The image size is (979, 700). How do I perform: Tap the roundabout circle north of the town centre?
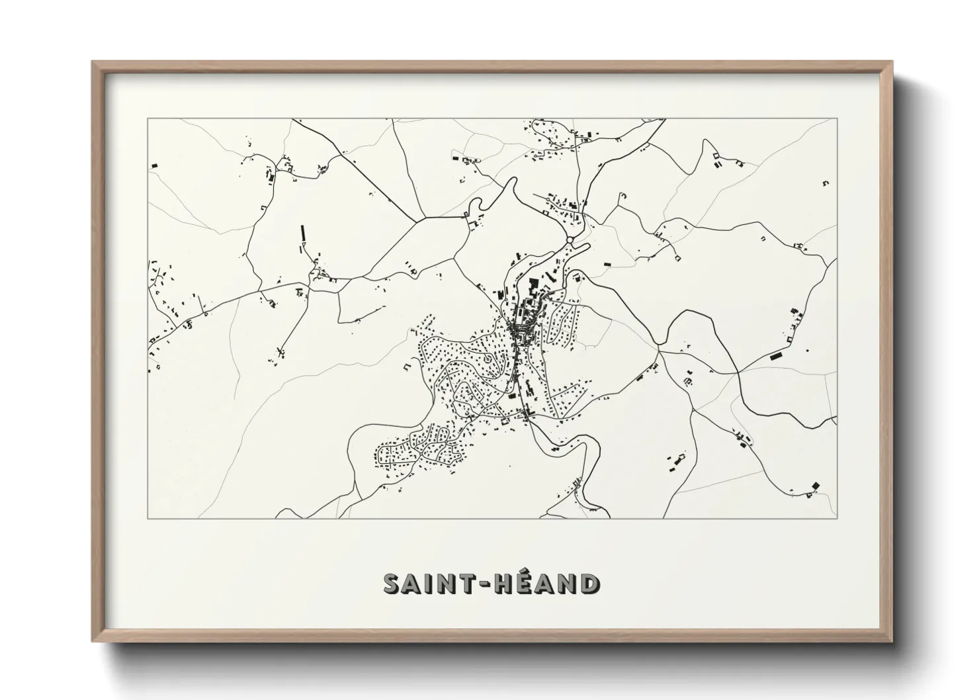[x=570, y=240]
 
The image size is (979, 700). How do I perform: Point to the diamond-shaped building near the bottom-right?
[x=815, y=487]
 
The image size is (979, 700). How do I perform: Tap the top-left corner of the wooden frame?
[x=93, y=62]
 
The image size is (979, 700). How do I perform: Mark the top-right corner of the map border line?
[x=837, y=118]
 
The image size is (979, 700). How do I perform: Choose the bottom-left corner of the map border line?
[x=148, y=518]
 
